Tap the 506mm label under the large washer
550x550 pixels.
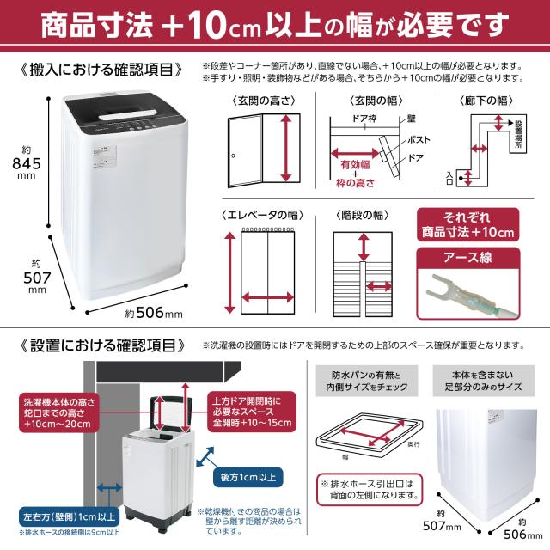[x=154, y=314]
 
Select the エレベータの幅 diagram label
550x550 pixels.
[x=261, y=217]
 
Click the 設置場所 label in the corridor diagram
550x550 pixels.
[x=516, y=137]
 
